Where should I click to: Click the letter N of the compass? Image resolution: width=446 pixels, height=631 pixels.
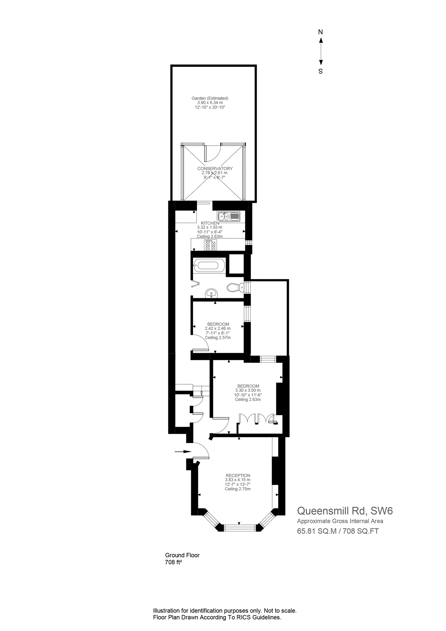320,32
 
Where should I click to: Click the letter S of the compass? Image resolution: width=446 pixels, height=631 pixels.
320,71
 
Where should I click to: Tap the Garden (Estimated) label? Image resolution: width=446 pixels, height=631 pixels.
210,98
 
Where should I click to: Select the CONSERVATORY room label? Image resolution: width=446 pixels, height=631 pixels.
215,168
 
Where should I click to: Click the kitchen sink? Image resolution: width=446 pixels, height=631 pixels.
229,216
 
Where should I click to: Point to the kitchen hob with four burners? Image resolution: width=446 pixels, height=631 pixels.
210,245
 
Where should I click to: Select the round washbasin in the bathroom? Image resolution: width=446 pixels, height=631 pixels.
211,293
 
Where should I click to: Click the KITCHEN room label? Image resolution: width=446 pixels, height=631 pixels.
210,223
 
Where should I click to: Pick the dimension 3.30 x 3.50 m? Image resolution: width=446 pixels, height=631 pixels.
248,390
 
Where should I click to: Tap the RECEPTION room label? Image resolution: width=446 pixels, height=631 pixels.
238,475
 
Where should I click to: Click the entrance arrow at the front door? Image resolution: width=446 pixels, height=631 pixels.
183,452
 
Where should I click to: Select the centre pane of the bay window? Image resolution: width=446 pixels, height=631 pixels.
240,528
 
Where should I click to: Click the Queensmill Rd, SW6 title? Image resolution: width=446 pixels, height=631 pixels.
345,511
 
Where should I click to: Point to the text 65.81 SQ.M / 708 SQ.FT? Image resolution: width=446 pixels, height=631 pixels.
338,531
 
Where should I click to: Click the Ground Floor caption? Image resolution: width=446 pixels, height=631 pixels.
182,555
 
